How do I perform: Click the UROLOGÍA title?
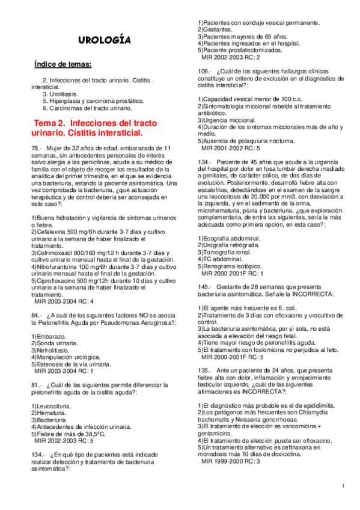coord(105,40)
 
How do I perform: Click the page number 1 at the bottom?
coord(343,485)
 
